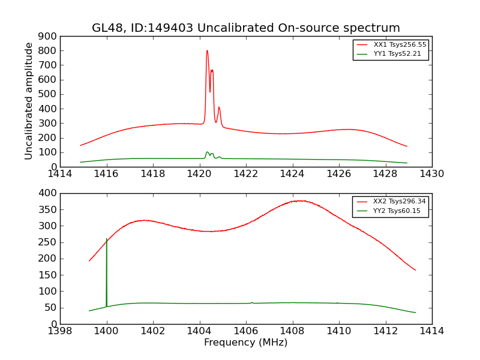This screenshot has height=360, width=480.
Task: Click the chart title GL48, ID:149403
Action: (245, 28)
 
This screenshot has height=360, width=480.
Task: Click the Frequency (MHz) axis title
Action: (245, 343)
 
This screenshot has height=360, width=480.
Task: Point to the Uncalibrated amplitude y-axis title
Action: (29, 101)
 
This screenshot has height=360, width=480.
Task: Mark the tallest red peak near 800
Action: (207, 50)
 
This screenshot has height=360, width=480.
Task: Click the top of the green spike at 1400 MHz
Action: (107, 239)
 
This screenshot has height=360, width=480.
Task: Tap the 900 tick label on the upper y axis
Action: (48, 36)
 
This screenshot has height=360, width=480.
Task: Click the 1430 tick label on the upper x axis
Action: (431, 174)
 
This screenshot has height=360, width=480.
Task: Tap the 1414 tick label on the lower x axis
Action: (431, 331)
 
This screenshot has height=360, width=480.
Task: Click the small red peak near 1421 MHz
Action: (219, 107)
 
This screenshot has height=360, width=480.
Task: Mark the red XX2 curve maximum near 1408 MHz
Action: (300, 200)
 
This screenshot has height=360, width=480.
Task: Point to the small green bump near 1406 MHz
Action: (252, 302)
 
